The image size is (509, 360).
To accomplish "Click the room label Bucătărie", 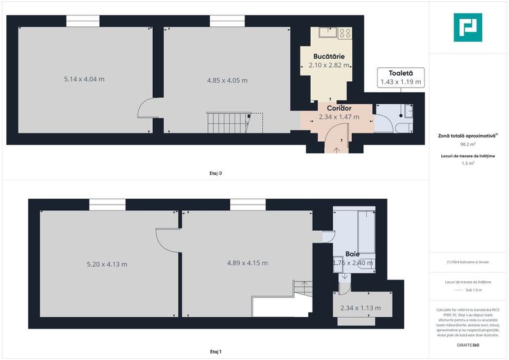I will click(330, 57).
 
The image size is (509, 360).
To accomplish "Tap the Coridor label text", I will click(335, 108).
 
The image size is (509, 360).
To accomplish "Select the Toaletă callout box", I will click(400, 77).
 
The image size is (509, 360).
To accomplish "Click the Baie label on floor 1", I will click(352, 253).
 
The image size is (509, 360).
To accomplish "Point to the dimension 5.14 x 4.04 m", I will click(84, 79).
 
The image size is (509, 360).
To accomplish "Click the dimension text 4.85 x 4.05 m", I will click(227, 81).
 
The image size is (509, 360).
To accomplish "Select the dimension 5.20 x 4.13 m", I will click(107, 264).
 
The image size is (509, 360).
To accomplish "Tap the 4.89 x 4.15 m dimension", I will click(247, 263).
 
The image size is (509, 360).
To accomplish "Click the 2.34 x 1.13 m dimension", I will click(361, 308).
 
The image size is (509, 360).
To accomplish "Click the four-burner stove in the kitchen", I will click(345, 32).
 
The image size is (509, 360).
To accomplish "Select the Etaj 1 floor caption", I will click(215, 352).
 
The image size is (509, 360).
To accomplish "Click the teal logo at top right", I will click(468, 27).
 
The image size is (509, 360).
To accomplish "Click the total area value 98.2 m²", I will click(469, 145).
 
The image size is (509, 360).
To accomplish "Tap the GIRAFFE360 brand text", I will click(468, 345).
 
